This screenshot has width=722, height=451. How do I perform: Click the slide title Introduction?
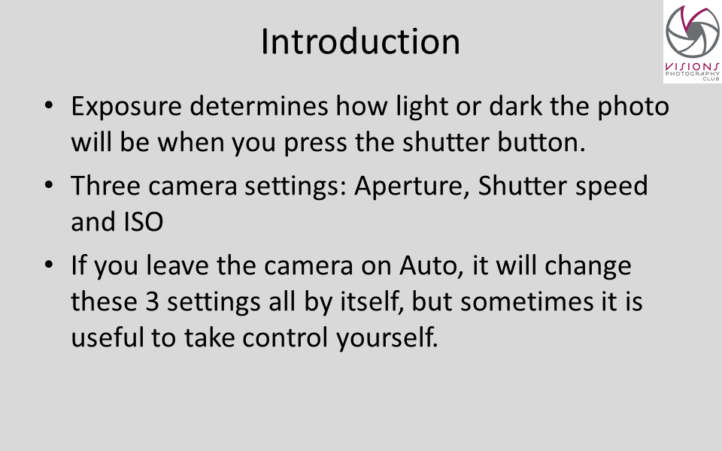point(360,41)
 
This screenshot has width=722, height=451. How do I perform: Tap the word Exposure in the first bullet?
point(126,107)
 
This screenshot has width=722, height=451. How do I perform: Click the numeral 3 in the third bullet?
point(153,302)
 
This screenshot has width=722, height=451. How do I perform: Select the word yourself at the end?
point(387,337)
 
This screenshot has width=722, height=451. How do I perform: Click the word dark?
point(515,106)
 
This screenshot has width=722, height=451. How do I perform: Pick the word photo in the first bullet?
point(633,107)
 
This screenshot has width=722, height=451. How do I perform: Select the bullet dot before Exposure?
point(49,105)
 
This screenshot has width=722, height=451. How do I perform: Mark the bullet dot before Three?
point(49,185)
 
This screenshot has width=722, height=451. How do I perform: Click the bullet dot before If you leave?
point(49,265)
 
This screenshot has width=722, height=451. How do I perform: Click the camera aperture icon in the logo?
point(693,32)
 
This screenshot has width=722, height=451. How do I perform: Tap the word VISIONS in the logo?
point(692,67)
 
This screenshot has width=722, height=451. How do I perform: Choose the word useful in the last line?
point(108,337)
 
